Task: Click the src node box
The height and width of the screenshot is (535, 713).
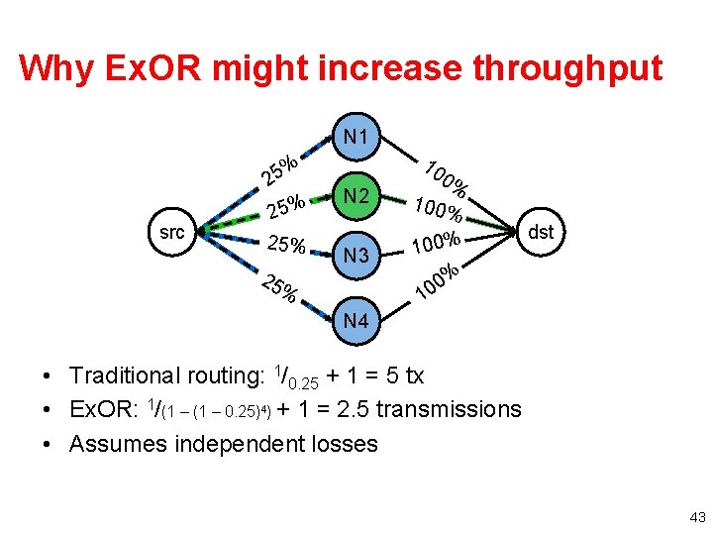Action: pyautogui.click(x=171, y=233)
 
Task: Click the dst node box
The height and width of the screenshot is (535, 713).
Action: pyautogui.click(x=541, y=233)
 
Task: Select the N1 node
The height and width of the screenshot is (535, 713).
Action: pyautogui.click(x=356, y=136)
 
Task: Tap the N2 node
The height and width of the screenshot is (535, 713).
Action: pyautogui.click(x=356, y=196)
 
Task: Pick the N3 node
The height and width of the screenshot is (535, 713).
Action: pyautogui.click(x=356, y=257)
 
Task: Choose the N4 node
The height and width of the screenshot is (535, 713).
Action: pyautogui.click(x=356, y=320)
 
